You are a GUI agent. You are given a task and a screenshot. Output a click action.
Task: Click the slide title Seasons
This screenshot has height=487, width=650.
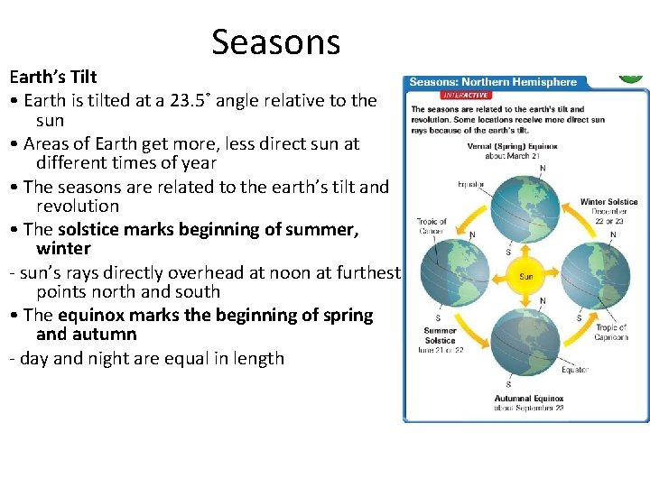pyautogui.click(x=275, y=41)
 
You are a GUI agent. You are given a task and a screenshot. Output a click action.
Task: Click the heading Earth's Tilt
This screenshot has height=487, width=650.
pyautogui.click(x=53, y=78)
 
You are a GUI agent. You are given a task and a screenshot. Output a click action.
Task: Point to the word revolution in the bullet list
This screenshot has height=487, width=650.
pyautogui.click(x=77, y=206)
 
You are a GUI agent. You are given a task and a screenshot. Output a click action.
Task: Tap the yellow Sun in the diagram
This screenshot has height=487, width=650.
pyautogui.click(x=525, y=276)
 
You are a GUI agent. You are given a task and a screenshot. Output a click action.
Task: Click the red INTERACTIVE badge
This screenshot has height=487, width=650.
pyautogui.click(x=467, y=95)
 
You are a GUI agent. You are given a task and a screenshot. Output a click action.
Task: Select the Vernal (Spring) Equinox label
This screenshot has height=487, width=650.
pyautogui.click(x=512, y=150)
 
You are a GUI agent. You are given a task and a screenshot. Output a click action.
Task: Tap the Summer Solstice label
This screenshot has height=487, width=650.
pyautogui.click(x=440, y=335)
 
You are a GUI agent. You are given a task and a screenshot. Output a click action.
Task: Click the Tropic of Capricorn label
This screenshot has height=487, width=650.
pyautogui.click(x=611, y=333)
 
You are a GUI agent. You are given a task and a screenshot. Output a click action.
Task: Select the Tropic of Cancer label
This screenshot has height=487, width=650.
pyautogui.click(x=431, y=225)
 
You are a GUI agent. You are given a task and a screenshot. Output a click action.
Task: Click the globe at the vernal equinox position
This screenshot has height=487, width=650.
pyautogui.click(x=526, y=207)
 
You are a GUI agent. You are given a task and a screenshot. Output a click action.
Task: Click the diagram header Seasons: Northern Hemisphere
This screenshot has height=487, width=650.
pyautogui.click(x=493, y=82)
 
